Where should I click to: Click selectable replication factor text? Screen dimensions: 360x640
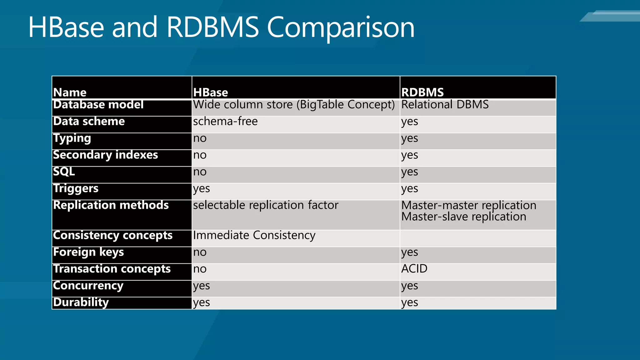(266, 205)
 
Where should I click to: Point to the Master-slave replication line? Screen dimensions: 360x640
(463, 217)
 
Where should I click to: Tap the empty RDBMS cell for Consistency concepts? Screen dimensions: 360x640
(478, 238)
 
